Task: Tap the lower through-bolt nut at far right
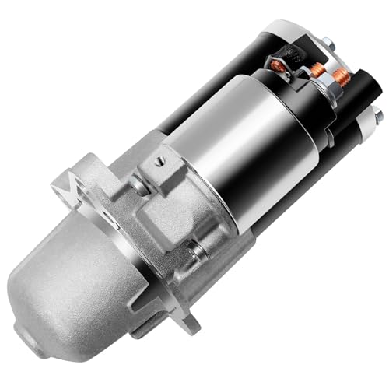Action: point(377,116)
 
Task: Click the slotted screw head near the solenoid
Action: point(159,161)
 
